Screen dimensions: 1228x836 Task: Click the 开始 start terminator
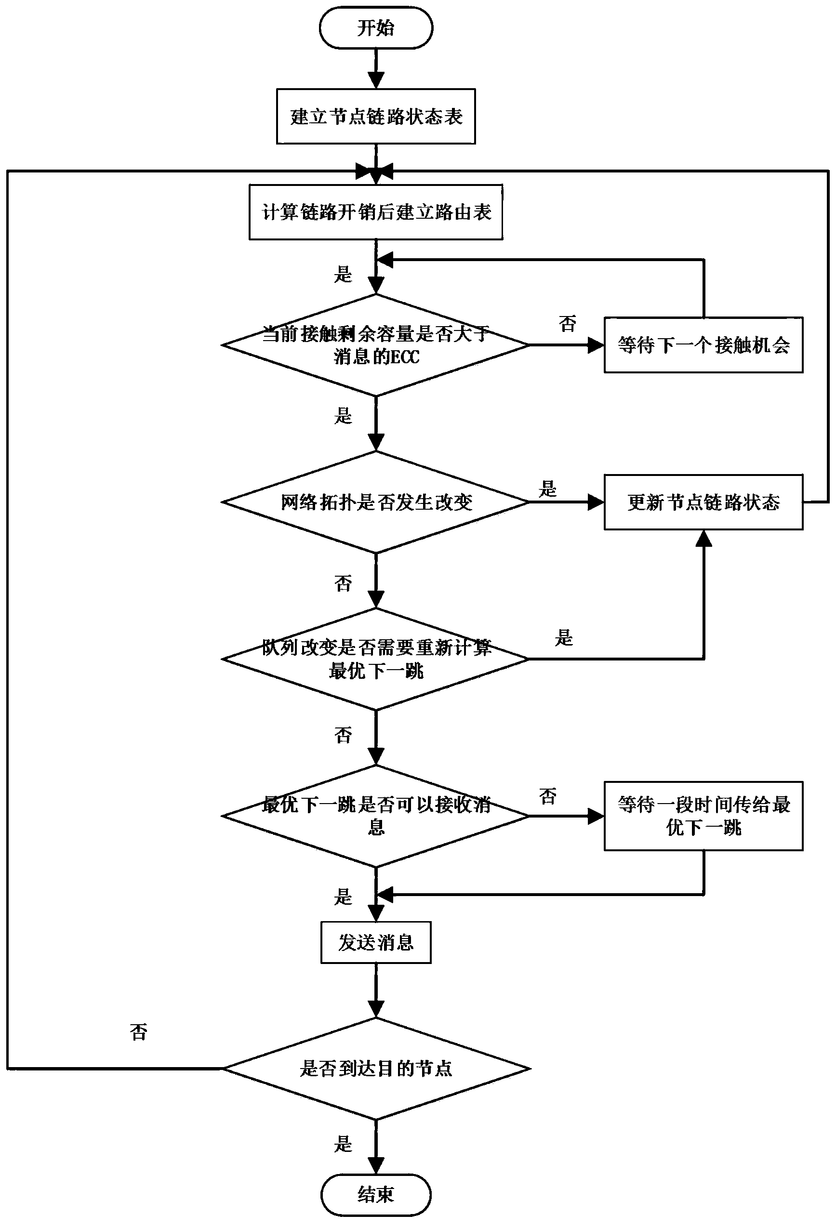376,28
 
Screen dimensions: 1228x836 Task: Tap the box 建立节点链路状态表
376,116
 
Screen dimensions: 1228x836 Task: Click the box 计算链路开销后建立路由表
376,212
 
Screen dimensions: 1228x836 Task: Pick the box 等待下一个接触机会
703,345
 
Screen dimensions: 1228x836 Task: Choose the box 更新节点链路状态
703,502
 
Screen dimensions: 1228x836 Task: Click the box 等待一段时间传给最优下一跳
703,816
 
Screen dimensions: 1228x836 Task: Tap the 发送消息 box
376,942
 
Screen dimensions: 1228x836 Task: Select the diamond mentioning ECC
376,345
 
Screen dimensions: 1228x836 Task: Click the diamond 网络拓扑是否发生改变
376,502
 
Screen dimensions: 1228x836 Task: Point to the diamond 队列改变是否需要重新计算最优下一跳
376,659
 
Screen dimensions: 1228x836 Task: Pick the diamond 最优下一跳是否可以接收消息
376,816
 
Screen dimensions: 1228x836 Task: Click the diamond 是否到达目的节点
376,1068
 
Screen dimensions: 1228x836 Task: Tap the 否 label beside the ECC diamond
567,323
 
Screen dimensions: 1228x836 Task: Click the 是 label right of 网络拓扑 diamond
547,489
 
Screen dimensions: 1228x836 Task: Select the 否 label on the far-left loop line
138,1031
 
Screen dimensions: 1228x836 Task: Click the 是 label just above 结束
343,1144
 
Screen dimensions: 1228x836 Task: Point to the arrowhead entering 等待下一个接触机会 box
596,345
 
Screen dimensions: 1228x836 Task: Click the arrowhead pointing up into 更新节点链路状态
703,538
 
